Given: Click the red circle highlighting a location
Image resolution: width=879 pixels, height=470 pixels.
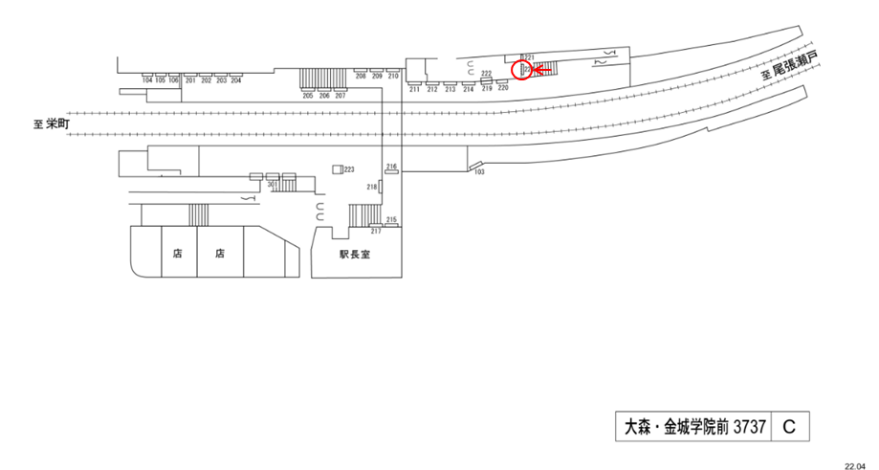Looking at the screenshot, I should (x=523, y=70).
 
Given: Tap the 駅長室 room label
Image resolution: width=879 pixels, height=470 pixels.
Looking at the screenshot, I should (x=354, y=256).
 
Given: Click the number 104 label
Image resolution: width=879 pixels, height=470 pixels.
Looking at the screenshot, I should (x=147, y=80).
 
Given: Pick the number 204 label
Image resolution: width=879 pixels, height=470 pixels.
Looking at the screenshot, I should (x=236, y=80).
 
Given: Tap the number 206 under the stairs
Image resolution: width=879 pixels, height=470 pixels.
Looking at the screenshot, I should (x=324, y=96).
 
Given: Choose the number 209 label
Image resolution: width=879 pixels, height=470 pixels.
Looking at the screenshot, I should (x=377, y=75).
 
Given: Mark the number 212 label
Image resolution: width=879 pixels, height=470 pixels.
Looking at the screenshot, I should (x=431, y=89).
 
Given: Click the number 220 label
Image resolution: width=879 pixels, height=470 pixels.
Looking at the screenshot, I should (x=503, y=87).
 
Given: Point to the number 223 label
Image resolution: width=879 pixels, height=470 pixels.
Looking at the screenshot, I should (x=349, y=168).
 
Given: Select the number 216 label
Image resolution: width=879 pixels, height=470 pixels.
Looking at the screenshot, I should (x=391, y=167).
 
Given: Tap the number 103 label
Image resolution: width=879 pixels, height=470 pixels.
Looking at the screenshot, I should (x=480, y=171).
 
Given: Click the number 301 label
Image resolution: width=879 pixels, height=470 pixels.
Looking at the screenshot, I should (x=273, y=183).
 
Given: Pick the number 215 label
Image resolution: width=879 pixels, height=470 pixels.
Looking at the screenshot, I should (x=391, y=219).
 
